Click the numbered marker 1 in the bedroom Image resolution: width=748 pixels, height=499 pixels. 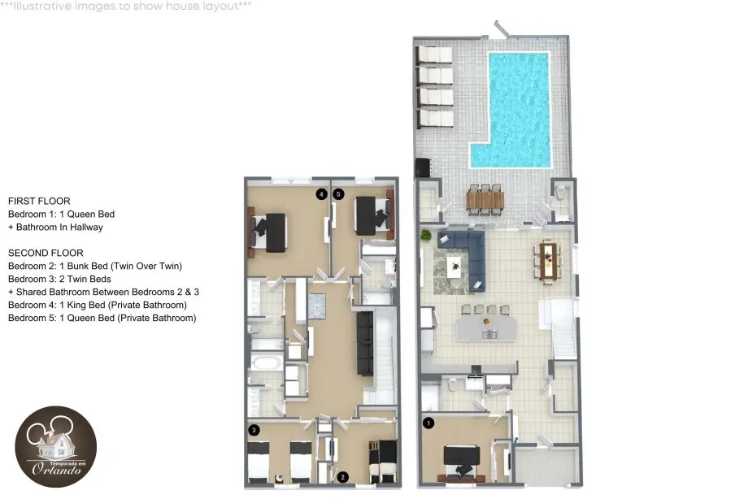(428, 423)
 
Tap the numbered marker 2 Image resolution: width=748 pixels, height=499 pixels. (342, 477)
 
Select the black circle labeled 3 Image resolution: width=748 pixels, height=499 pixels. (254, 430)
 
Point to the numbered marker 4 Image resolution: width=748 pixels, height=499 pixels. (321, 194)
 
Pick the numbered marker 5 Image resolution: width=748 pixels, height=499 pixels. (338, 194)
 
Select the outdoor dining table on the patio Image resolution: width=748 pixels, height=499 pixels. (485, 201)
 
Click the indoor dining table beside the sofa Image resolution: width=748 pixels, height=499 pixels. (548, 262)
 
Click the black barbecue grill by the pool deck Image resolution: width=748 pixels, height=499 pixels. (423, 167)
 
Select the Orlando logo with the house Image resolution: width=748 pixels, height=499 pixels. (56, 446)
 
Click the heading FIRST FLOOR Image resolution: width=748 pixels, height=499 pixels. (39, 202)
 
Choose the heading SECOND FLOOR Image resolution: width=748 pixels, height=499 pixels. (46, 254)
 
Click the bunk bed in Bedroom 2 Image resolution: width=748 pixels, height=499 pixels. (383, 462)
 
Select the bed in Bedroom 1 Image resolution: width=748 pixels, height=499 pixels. (461, 462)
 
